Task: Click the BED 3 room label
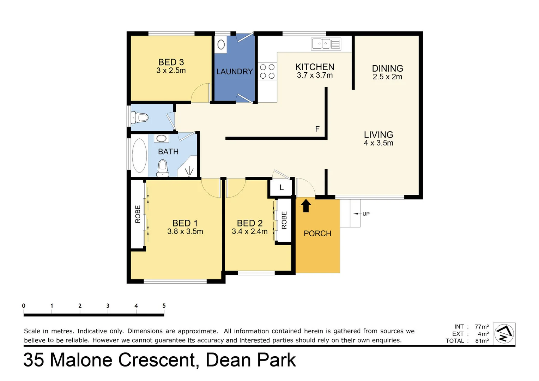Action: [x=171, y=62]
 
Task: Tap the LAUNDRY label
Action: [x=235, y=72]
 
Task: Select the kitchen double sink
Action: [x=326, y=44]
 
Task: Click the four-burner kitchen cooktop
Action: [x=267, y=71]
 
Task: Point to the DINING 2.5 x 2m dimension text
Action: [x=387, y=77]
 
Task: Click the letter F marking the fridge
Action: [x=317, y=129]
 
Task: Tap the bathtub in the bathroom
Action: [x=139, y=156]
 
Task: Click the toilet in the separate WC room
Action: [x=140, y=117]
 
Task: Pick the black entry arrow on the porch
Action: [x=306, y=206]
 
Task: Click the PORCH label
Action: [x=317, y=234]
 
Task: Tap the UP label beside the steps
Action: [x=366, y=214]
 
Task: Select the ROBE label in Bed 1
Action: [x=138, y=214]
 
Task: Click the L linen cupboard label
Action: [x=281, y=188]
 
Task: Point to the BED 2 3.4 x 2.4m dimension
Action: [x=250, y=232]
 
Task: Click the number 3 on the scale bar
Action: [x=108, y=306]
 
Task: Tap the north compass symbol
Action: [x=504, y=333]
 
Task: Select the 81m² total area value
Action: [x=482, y=341]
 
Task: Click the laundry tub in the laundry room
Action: [x=221, y=44]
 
